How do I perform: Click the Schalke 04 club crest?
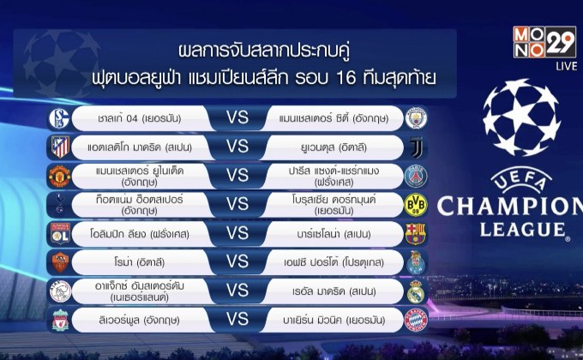pyautogui.click(x=61, y=117)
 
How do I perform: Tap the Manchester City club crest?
pyautogui.click(x=415, y=117)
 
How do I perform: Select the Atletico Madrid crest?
pyautogui.click(x=61, y=147)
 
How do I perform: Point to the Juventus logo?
pyautogui.click(x=415, y=147)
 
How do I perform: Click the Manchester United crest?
pyautogui.click(x=61, y=176)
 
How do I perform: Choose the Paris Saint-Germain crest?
pyautogui.click(x=415, y=176)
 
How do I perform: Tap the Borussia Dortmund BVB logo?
pyautogui.click(x=415, y=205)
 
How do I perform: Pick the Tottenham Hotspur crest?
pyautogui.click(x=61, y=205)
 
